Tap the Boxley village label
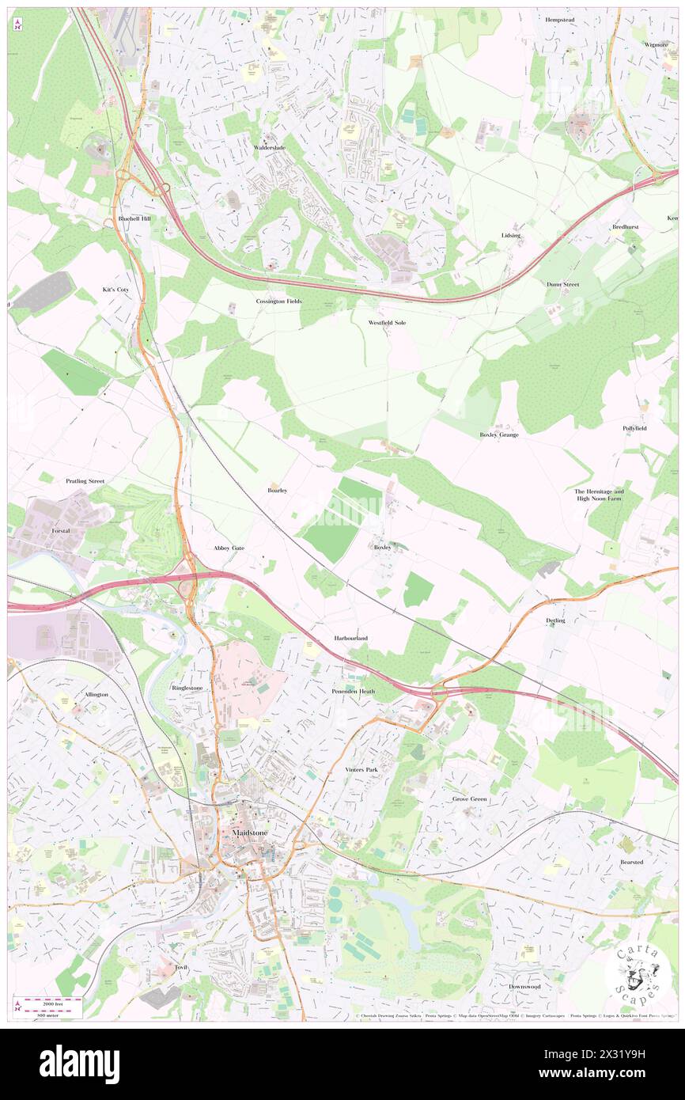point(382,547)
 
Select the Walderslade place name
point(269,148)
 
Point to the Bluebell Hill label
point(134,218)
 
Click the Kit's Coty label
point(115,290)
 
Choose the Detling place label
point(555,620)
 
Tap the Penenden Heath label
point(353,691)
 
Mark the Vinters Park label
point(361,769)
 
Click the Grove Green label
point(470,799)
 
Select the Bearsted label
point(631,862)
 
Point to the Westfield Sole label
point(387,323)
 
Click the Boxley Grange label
point(498,434)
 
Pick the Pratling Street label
point(85,480)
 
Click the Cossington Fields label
point(278,302)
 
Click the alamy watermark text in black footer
point(79,1064)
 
